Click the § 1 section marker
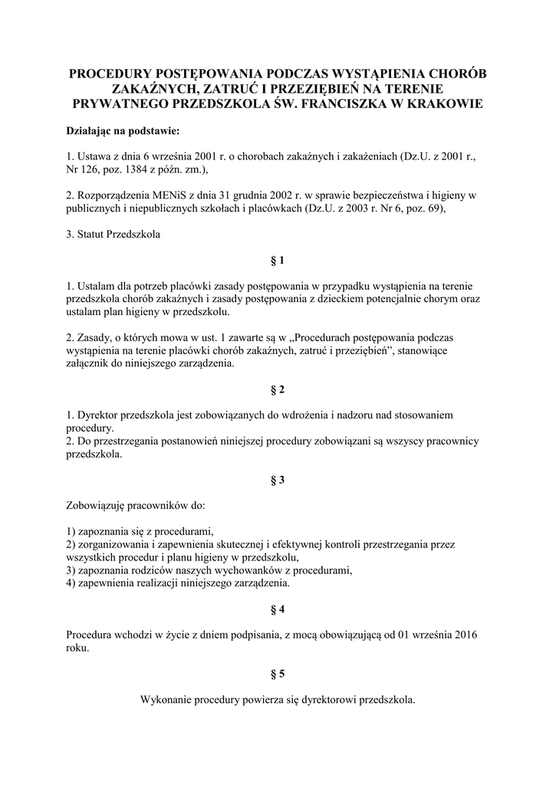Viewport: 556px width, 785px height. tap(278, 260)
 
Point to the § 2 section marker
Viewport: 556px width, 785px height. tap(278, 389)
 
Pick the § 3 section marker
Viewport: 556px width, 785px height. tap(278, 480)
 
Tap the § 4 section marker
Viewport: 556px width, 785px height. tap(278, 609)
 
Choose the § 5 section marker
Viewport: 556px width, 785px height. tap(278, 674)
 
